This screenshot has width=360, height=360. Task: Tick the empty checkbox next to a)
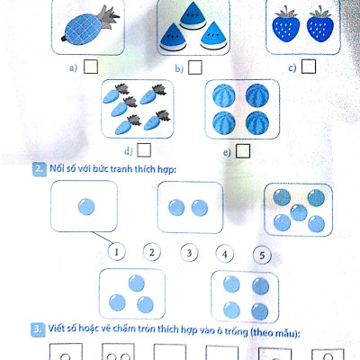coord(89,67)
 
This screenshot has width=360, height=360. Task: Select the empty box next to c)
coord(309,66)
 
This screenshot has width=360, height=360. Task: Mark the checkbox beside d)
coord(144,150)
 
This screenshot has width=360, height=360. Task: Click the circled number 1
coord(116,252)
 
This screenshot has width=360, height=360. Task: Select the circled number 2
coord(152,252)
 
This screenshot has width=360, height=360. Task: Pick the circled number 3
coord(188,252)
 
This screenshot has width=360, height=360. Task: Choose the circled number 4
coord(224,252)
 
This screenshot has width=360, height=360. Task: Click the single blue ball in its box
coord(86,208)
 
